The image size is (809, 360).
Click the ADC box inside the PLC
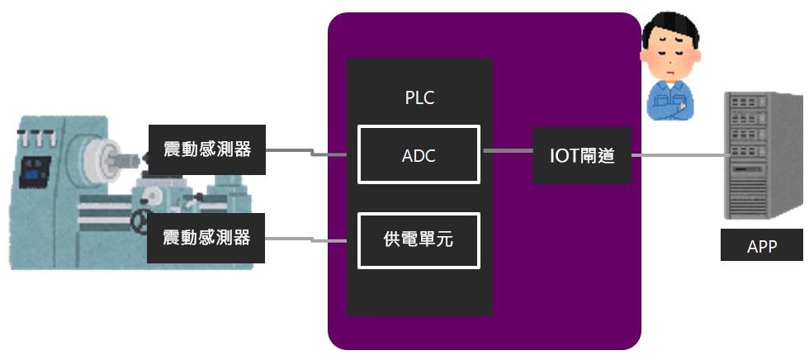pos(419,154)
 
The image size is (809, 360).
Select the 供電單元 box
pos(419,240)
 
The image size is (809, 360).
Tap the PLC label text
pos(419,97)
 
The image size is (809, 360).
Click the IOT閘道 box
pos(582,154)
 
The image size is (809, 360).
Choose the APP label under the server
pos(761,246)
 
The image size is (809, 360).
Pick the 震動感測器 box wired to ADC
pos(206,150)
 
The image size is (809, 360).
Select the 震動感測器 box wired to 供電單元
pos(206,238)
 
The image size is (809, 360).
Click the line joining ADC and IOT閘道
pos(506,150)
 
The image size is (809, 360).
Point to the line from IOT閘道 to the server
pos(677,154)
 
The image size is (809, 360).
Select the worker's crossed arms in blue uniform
pos(672,99)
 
